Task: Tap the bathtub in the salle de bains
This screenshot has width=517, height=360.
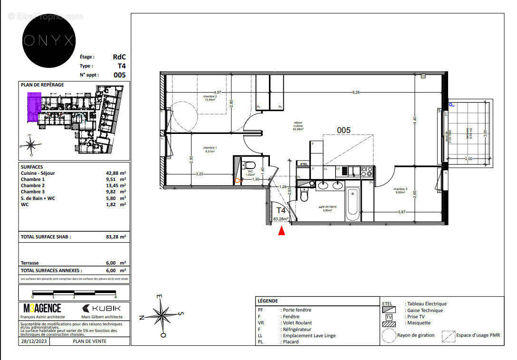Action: [x=353, y=204]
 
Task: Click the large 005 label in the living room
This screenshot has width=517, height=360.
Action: [x=344, y=130]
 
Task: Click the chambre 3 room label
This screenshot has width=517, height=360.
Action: [x=401, y=190]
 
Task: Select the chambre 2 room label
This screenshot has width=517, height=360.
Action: [x=210, y=97]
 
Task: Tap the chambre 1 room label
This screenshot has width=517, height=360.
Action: [x=210, y=150]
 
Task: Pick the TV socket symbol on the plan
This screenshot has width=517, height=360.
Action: [x=423, y=76]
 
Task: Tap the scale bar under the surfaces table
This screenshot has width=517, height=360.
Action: [x=74, y=292]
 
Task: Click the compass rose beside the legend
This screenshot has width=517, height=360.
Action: [x=162, y=314]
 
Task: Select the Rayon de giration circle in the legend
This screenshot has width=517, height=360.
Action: [x=389, y=335]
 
